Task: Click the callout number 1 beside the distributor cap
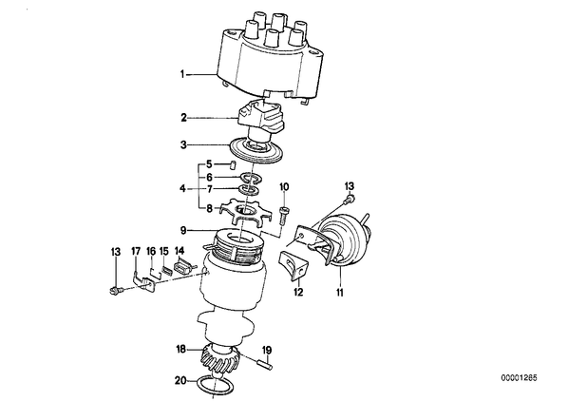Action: point(183,75)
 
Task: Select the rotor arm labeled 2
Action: point(261,119)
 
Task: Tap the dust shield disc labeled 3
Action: point(256,150)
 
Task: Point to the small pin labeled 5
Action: point(233,164)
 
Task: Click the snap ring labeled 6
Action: point(252,178)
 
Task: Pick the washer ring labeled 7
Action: point(248,189)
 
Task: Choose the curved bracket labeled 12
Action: point(293,266)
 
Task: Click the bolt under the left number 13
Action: point(116,290)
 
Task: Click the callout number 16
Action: point(151,251)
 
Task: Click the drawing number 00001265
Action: point(519,378)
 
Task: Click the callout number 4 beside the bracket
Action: point(183,189)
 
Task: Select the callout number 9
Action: point(183,230)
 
